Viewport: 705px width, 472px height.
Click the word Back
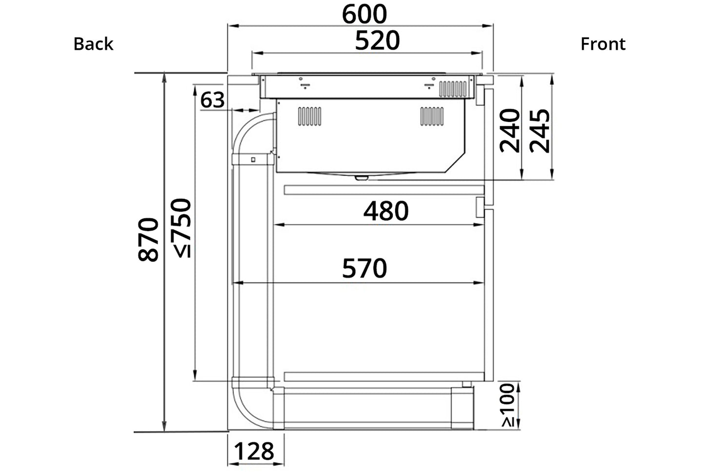tap(93, 44)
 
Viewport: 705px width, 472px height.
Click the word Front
tap(603, 44)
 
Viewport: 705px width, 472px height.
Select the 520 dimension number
tap(377, 40)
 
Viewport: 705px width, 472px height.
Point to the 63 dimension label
tap(212, 100)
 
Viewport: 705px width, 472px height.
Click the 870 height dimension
tap(148, 239)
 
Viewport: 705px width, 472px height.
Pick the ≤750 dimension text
tap(182, 228)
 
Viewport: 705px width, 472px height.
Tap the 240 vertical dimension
tap(510, 131)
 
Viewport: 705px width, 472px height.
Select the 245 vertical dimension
tap(540, 131)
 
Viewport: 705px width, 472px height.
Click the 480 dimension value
tap(386, 211)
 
